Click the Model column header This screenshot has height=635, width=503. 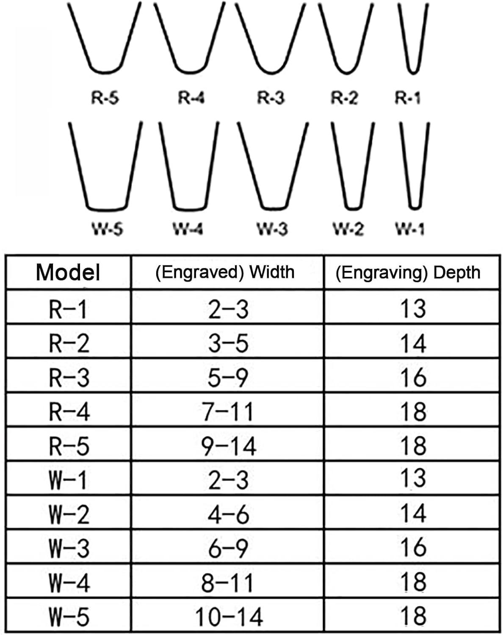click(68, 272)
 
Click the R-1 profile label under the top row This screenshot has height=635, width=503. click(408, 98)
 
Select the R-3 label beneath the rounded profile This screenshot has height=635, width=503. click(271, 98)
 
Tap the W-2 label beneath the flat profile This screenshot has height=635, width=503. click(348, 229)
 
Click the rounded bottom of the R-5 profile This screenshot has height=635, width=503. click(105, 72)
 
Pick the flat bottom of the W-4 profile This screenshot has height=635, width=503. click(190, 210)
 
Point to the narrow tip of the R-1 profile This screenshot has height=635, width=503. click(413, 72)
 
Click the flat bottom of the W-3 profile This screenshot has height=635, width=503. click(274, 209)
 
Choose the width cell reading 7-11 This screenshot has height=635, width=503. click(228, 411)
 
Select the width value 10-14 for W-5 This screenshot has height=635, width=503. click(229, 617)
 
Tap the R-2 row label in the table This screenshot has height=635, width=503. click(69, 343)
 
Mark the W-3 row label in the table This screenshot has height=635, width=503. click(69, 549)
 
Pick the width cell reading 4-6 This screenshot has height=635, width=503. click(228, 515)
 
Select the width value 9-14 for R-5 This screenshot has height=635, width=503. click(229, 446)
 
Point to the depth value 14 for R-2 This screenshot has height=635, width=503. click(413, 343)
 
